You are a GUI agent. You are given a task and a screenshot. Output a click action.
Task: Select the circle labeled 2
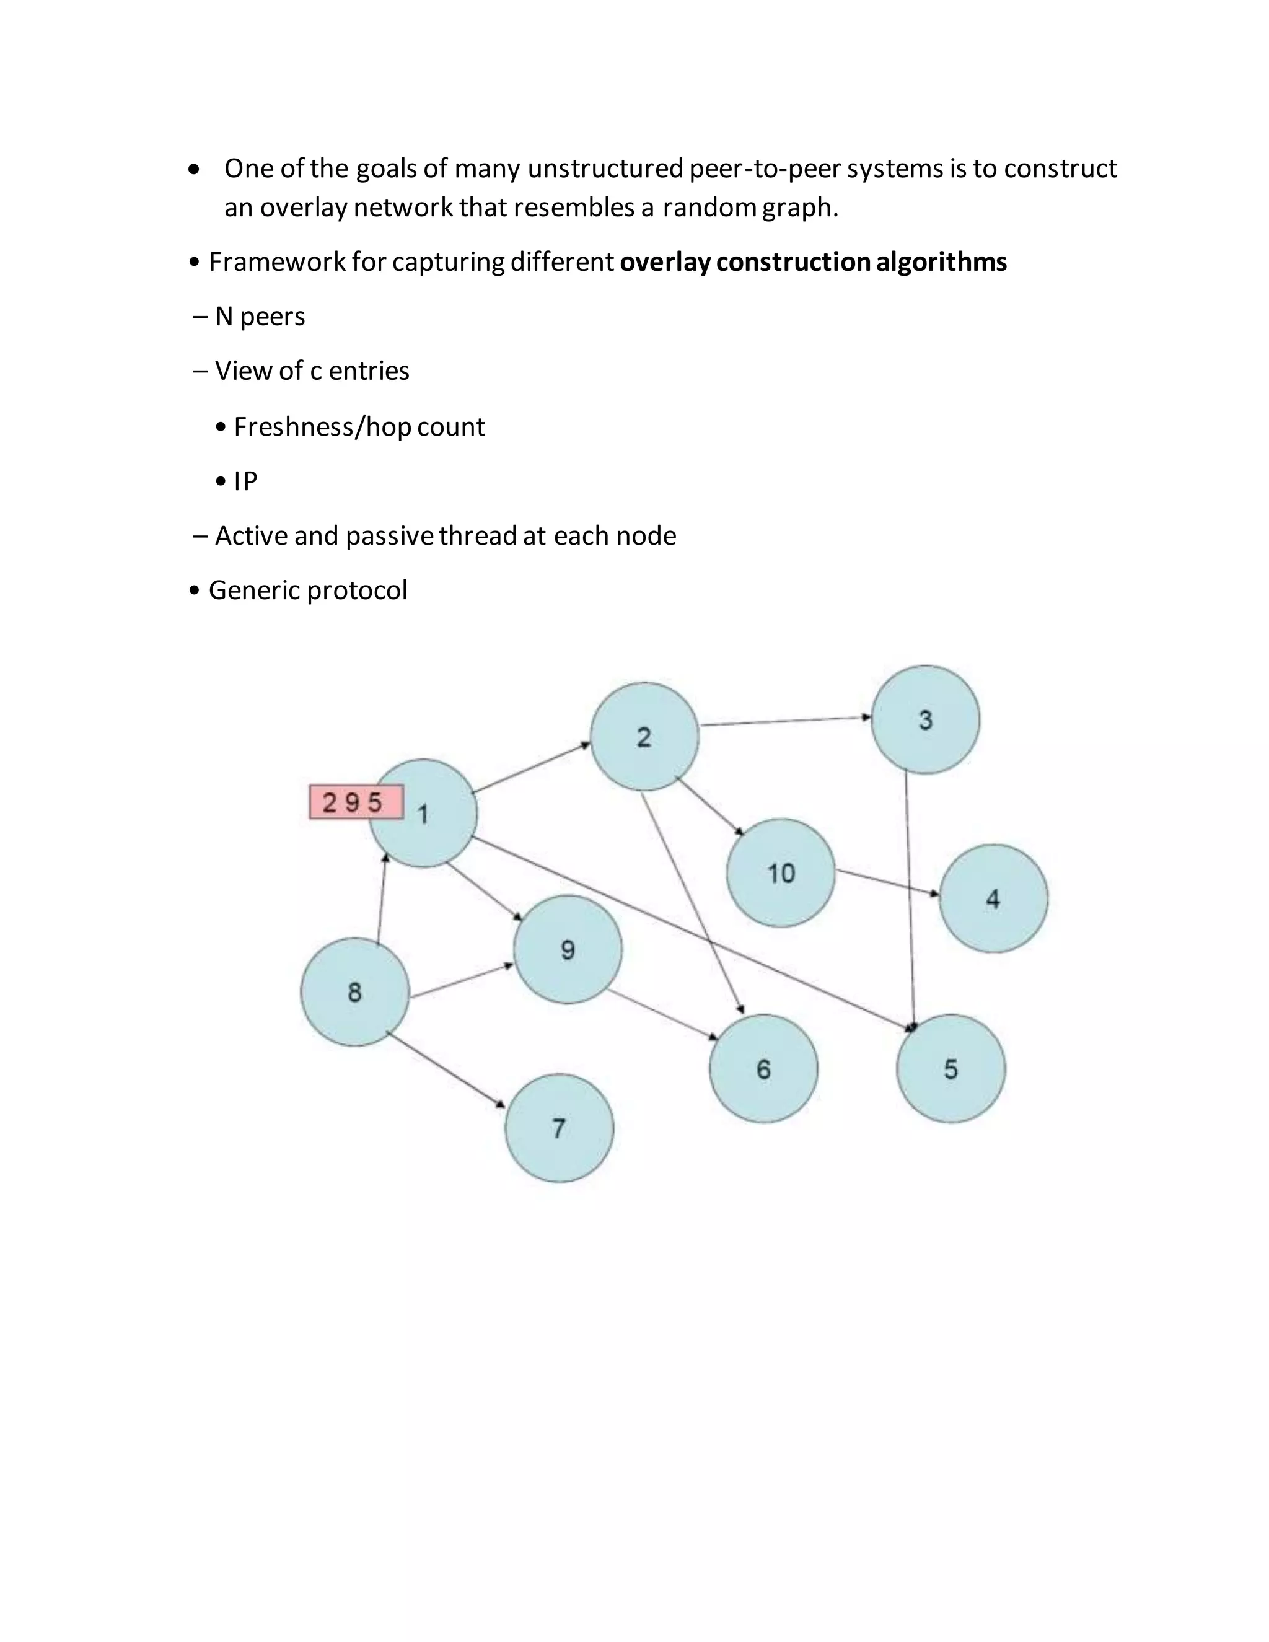click(x=644, y=737)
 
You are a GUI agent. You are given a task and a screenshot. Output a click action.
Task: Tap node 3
click(x=926, y=719)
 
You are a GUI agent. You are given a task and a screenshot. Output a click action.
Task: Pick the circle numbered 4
click(x=993, y=898)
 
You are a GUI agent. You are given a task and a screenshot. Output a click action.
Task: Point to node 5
click(x=951, y=1068)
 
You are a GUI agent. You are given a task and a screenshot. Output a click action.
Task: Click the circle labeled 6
click(x=764, y=1068)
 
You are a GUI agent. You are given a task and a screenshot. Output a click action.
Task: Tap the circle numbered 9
click(x=568, y=949)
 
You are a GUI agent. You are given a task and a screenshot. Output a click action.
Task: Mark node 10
click(x=781, y=873)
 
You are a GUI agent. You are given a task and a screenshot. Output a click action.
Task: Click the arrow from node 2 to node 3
click(x=785, y=722)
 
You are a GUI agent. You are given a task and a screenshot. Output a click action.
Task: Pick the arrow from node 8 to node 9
click(x=462, y=981)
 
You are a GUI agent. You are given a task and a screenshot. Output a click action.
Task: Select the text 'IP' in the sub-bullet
click(x=246, y=481)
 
